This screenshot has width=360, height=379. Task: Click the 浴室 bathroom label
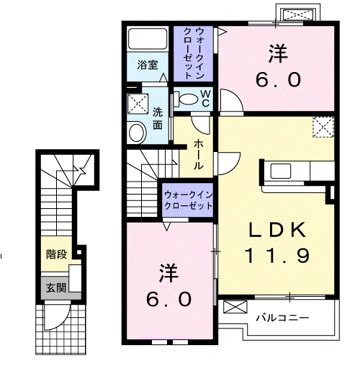[x=148, y=65]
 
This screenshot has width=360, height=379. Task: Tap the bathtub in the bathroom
[x=148, y=39]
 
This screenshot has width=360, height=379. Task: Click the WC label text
[x=206, y=99]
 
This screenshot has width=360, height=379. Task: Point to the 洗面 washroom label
[x=158, y=118]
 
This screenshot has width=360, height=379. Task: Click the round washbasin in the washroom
[x=137, y=132]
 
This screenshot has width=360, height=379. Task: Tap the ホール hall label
[x=199, y=154]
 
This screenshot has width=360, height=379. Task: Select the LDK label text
[x=277, y=230]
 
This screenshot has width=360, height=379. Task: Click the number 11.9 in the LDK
[x=277, y=256]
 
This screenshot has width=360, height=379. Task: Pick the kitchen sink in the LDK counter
[x=281, y=171]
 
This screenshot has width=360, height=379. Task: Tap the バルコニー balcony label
[x=282, y=318]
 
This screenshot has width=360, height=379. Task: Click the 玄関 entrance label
[x=56, y=288]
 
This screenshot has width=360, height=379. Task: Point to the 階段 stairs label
[x=57, y=254]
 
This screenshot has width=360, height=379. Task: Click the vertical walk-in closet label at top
[x=193, y=53]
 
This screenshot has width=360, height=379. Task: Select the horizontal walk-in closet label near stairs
[x=189, y=200]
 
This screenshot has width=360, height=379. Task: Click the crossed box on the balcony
[x=235, y=307]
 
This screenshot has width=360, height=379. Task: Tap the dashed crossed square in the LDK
[x=323, y=127]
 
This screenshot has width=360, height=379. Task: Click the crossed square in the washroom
[x=138, y=104]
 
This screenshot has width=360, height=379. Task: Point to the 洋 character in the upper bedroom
[x=279, y=53]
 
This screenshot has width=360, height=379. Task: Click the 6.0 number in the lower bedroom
[x=169, y=299]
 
